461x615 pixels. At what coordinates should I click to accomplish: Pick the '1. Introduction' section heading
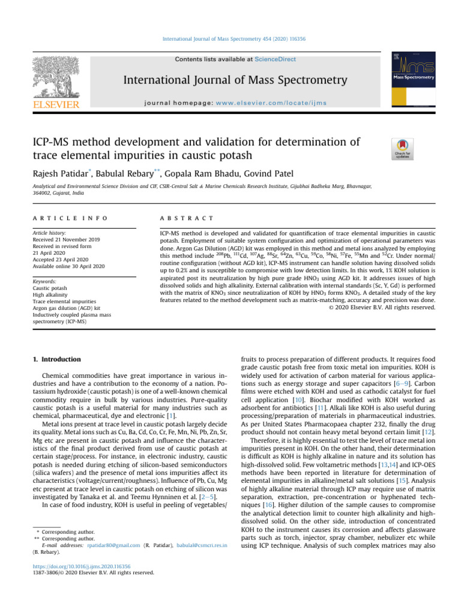point(56,359)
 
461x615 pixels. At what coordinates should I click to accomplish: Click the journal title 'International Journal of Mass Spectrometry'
point(235,80)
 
